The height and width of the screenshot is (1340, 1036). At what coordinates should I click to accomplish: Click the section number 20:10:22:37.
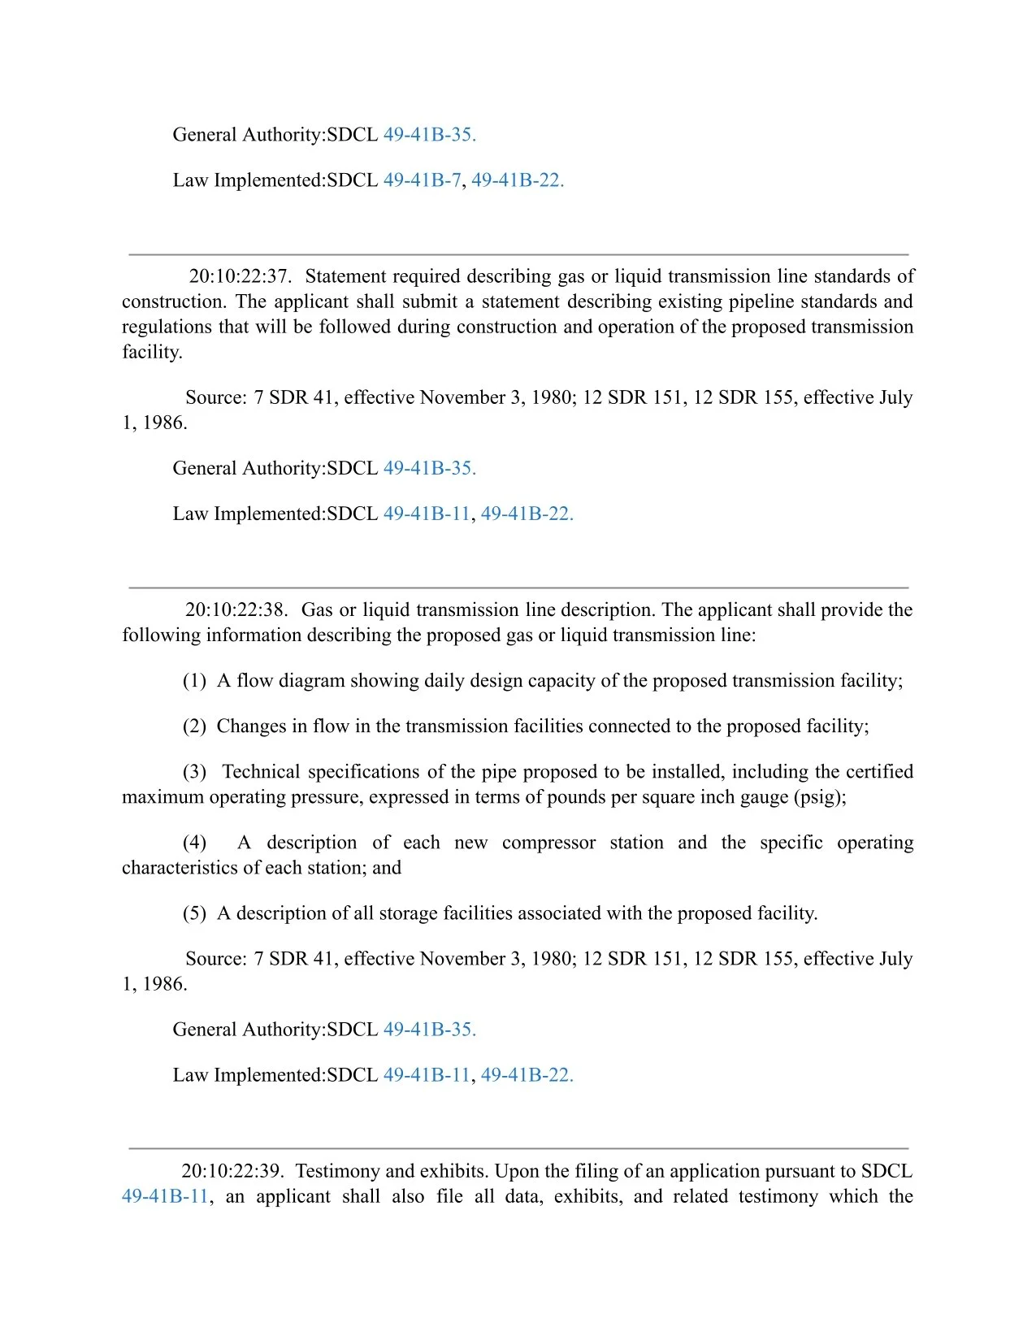pos(240,276)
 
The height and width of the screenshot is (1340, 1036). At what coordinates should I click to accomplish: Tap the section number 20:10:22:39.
pos(232,1172)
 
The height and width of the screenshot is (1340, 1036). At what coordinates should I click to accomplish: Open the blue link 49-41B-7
pos(422,180)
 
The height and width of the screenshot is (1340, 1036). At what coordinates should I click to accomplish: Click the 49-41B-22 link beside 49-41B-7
pos(518,180)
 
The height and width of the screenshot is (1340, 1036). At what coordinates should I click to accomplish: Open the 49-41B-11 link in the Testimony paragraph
pos(165,1197)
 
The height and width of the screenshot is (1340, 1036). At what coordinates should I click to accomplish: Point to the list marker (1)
pos(194,681)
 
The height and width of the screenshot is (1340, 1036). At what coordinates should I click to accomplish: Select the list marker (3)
pos(194,772)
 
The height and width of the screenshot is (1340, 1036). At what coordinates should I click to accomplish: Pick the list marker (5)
pos(194,914)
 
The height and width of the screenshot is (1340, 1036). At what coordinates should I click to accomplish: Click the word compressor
pos(548,843)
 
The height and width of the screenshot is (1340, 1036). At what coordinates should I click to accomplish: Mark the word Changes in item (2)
pos(251,726)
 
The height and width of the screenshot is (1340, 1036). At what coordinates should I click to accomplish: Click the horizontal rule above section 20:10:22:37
pos(518,255)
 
